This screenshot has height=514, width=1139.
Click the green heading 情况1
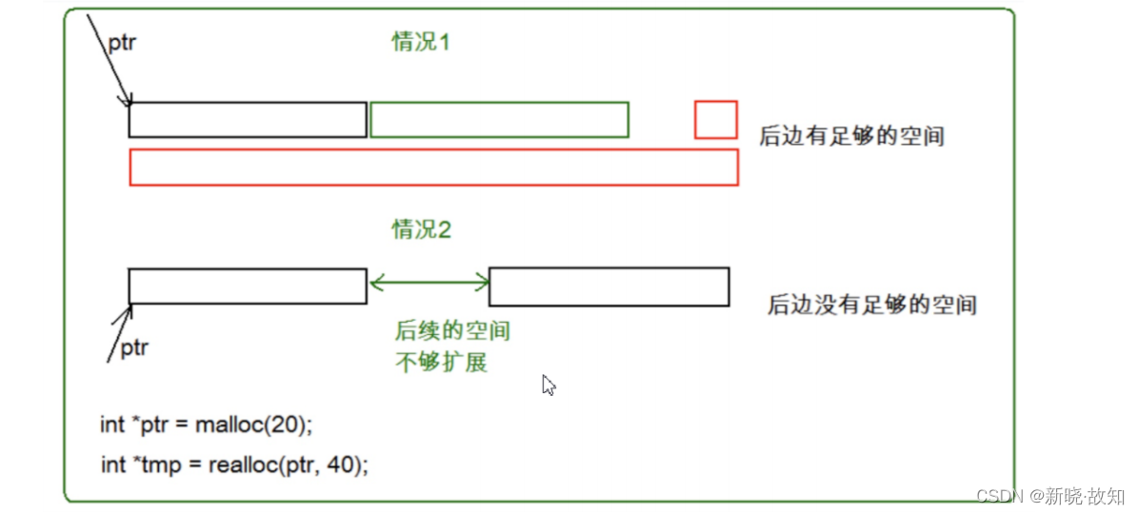coord(420,42)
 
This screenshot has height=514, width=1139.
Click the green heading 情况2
coord(420,229)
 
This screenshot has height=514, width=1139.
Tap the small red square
coord(715,120)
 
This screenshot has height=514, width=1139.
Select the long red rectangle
coord(433,167)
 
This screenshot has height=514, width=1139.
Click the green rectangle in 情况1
coord(499,120)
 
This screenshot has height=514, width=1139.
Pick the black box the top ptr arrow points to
coord(248,120)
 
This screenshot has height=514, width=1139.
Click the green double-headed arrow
coord(428,282)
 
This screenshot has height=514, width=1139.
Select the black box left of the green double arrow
coord(248,287)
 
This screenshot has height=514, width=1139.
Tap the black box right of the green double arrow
coord(609,287)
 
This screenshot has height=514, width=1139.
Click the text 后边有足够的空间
coord(851,136)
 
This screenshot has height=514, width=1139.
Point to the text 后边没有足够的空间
coord(872,306)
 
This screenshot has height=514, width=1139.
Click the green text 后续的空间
coord(452,331)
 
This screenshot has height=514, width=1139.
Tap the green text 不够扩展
coord(441,363)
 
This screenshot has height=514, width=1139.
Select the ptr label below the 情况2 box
coord(134,348)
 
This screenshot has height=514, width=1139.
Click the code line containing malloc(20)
coord(206,425)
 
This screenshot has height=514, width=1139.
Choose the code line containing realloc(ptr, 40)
coord(234,465)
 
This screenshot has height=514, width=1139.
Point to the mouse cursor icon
coord(549,385)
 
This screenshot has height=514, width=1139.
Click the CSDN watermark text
coord(1049,496)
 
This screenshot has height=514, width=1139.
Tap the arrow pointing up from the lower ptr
coord(119,332)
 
